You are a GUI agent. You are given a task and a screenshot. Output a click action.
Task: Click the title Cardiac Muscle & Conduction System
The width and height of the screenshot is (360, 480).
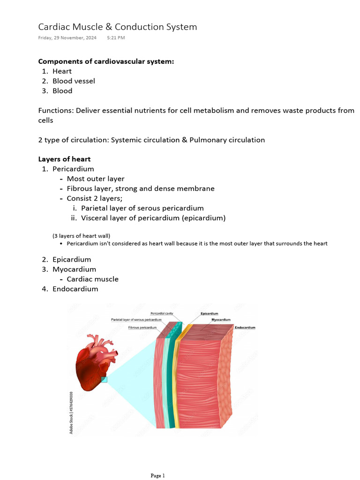[x=117, y=27]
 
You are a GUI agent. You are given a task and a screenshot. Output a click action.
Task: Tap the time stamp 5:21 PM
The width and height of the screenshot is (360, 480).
[x=116, y=38]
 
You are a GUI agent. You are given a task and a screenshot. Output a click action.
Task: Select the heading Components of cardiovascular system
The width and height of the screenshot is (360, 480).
[x=106, y=61]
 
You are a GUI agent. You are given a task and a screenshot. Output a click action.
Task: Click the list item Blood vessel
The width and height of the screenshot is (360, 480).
[x=74, y=81]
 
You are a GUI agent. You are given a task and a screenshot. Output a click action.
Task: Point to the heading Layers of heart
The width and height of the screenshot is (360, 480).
[x=64, y=159]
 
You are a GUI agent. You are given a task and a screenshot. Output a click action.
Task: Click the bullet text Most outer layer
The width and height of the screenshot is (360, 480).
[x=96, y=179]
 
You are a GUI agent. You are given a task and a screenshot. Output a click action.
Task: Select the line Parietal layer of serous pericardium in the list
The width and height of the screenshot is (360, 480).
[x=142, y=208]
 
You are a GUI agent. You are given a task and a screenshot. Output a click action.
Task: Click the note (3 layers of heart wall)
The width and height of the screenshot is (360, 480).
[x=81, y=235]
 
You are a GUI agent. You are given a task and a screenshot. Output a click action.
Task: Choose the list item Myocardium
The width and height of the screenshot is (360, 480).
[x=74, y=270]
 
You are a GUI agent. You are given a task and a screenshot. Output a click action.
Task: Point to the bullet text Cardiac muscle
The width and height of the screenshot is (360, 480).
[x=92, y=279]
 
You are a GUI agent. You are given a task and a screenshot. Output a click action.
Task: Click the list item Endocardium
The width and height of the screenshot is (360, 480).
[x=75, y=289]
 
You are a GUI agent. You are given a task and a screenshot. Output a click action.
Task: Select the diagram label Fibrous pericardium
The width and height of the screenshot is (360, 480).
[x=142, y=328]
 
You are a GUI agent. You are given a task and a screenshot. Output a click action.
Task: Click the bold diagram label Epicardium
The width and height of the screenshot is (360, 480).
[x=209, y=314]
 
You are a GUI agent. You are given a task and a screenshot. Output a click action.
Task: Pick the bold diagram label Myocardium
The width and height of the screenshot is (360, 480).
[x=221, y=320]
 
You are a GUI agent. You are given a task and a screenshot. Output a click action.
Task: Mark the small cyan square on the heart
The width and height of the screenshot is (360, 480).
[x=104, y=379]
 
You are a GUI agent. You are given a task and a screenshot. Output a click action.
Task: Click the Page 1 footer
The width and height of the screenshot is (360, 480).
[x=157, y=476]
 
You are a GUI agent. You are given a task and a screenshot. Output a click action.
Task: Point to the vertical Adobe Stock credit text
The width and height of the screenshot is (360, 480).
[x=71, y=412]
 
